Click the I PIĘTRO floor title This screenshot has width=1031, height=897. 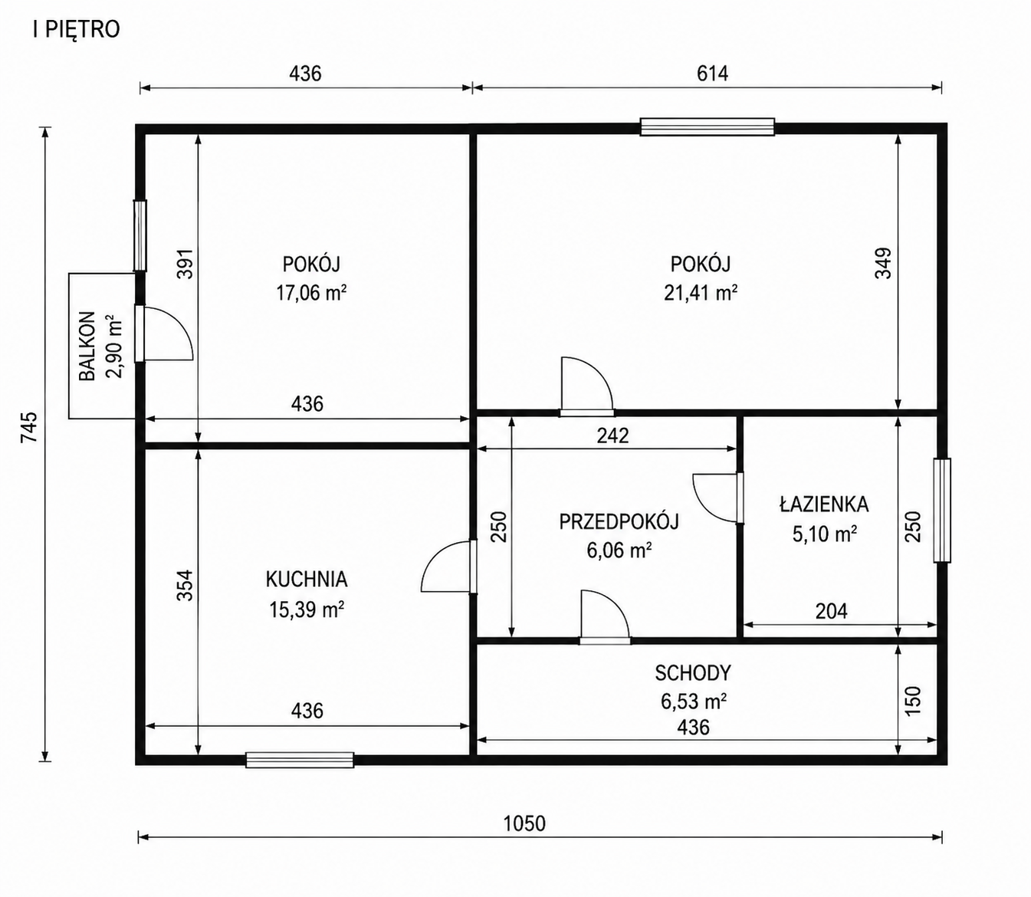pyautogui.click(x=77, y=30)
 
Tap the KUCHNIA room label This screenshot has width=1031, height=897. pyautogui.click(x=307, y=580)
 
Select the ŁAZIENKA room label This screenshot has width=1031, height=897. pyautogui.click(x=824, y=504)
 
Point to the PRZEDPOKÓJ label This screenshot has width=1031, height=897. pyautogui.click(x=619, y=521)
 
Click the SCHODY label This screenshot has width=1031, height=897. pyautogui.click(x=693, y=673)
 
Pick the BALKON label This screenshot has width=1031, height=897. pyautogui.click(x=87, y=346)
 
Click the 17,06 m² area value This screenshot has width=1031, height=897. pyautogui.click(x=311, y=293)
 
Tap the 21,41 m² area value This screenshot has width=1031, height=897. pyautogui.click(x=701, y=293)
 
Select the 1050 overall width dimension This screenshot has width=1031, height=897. pyautogui.click(x=524, y=823)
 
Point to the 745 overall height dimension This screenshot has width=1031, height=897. pyautogui.click(x=28, y=427)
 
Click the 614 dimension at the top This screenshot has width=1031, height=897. pyautogui.click(x=713, y=74)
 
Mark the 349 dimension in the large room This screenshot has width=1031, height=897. pyautogui.click(x=883, y=262)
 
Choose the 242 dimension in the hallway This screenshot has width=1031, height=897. pyautogui.click(x=612, y=435)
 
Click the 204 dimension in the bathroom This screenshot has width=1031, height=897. pyautogui.click(x=832, y=611)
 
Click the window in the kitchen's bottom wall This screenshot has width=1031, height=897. pyautogui.click(x=300, y=760)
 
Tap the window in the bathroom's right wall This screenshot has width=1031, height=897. pyautogui.click(x=942, y=510)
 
